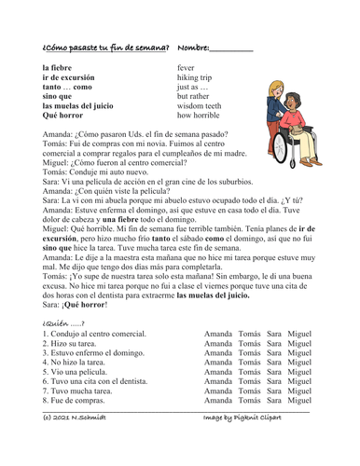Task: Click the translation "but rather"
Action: click(193, 96)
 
